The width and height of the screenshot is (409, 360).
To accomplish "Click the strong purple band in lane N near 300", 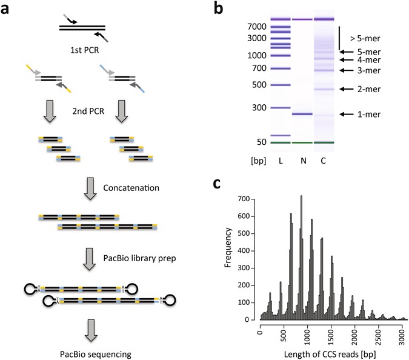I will point(302,114).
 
